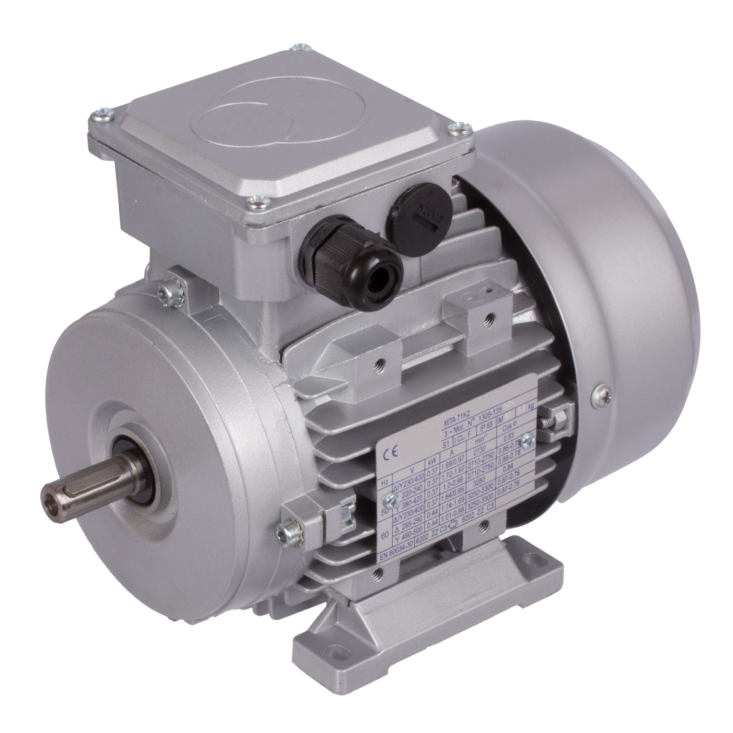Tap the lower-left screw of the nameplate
(390, 497)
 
